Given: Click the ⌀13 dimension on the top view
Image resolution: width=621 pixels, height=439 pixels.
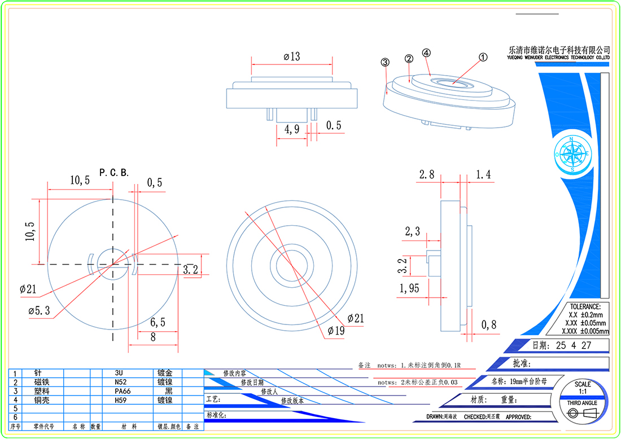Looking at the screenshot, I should pos(292,56).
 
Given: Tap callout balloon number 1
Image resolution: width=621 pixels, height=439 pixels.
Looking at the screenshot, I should pos(483,57).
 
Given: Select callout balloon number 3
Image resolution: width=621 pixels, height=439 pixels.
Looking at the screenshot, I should pos(386,62).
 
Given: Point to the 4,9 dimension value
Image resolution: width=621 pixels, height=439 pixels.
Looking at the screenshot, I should pos(292,129).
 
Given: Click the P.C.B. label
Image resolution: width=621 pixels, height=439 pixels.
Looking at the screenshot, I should pos(114,172).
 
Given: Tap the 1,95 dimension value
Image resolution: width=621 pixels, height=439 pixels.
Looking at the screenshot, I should pos(409,289).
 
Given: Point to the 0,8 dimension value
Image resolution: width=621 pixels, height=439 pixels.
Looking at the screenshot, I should pos(489,324).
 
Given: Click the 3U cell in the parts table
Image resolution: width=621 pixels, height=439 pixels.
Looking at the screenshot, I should pos(120,373).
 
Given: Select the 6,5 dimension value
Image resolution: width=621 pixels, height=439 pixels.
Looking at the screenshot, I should pos(159,323).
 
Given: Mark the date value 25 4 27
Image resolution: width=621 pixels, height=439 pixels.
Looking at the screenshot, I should pos(574,345).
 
